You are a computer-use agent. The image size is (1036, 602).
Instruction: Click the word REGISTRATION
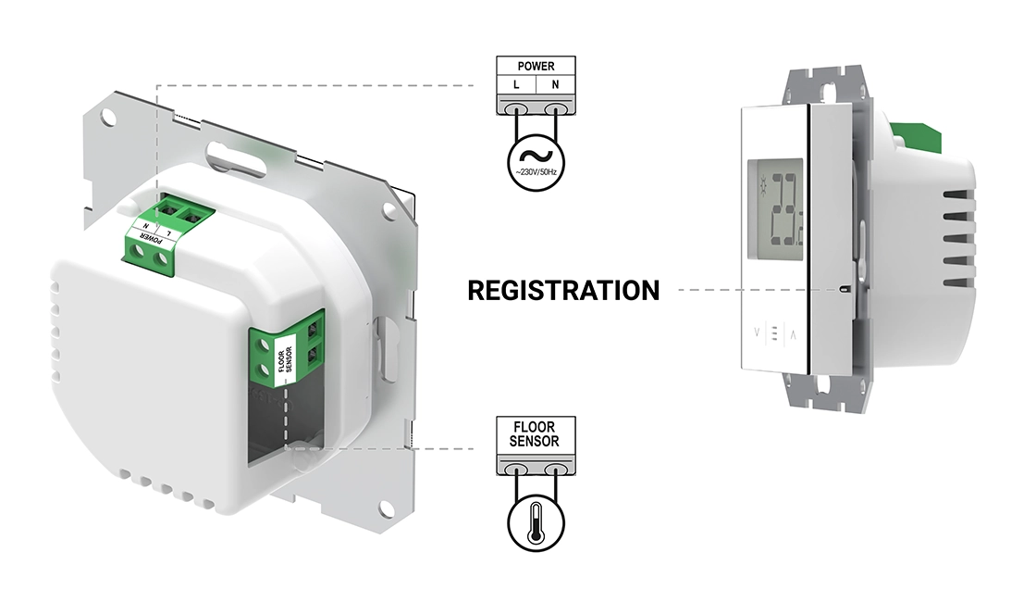click(563, 290)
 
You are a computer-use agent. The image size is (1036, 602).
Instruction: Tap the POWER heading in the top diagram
click(536, 67)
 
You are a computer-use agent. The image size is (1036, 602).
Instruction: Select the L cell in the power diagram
click(516, 85)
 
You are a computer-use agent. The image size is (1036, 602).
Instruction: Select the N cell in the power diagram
click(556, 85)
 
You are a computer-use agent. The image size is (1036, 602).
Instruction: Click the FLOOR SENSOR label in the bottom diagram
click(535, 433)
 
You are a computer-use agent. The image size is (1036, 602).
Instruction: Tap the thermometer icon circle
click(536, 526)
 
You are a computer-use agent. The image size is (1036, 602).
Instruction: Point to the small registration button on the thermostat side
click(844, 290)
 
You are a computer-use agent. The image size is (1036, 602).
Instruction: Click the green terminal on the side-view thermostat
click(919, 137)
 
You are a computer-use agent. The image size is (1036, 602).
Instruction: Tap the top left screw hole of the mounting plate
click(108, 119)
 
